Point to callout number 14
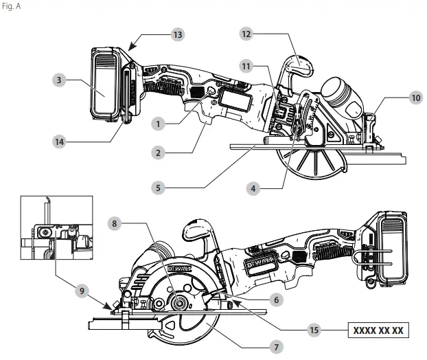click(x=62, y=141)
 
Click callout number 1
click(x=159, y=124)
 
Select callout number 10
click(x=416, y=98)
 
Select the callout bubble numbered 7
click(x=275, y=348)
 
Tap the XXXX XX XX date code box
click(x=378, y=330)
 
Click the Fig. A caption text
click(x=12, y=8)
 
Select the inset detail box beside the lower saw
click(x=56, y=230)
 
